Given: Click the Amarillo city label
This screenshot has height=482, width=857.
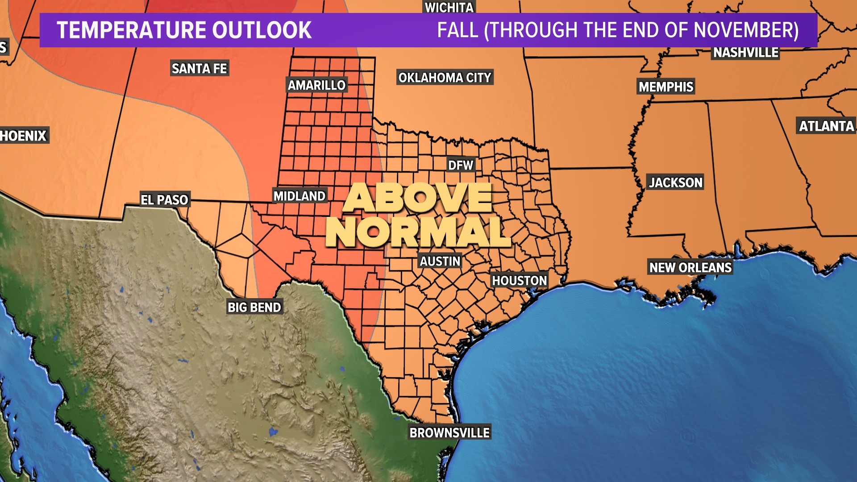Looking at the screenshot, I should click(x=316, y=85).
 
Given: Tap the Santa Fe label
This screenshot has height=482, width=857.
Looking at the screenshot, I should click(x=200, y=68).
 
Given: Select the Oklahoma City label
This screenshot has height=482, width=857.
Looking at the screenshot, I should click(x=445, y=78).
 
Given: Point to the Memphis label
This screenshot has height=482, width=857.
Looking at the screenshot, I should click(x=666, y=87).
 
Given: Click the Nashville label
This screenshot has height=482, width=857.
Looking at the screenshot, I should click(x=745, y=53).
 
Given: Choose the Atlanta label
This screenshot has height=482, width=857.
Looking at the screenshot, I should click(x=826, y=126).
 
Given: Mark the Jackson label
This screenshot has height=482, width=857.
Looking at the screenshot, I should click(x=675, y=182).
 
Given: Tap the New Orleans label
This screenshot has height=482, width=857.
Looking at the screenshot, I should click(x=690, y=267).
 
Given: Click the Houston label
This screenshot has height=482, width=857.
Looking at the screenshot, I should click(x=519, y=280).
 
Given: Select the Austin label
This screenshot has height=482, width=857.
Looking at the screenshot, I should click(x=440, y=261).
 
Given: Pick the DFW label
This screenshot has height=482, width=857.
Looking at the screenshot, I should click(x=460, y=165).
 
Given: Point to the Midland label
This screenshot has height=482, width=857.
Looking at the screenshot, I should click(x=300, y=196).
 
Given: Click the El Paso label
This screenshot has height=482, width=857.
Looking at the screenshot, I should click(x=164, y=199).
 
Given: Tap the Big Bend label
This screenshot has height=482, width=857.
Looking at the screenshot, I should click(x=254, y=307).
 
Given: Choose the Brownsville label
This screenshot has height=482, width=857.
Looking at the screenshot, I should click(x=449, y=432).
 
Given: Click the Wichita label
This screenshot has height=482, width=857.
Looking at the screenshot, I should click(x=449, y=7).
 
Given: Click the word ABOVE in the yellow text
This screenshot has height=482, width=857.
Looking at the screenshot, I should click(x=419, y=197).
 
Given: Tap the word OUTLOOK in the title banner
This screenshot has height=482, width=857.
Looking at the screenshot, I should click(x=262, y=30).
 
